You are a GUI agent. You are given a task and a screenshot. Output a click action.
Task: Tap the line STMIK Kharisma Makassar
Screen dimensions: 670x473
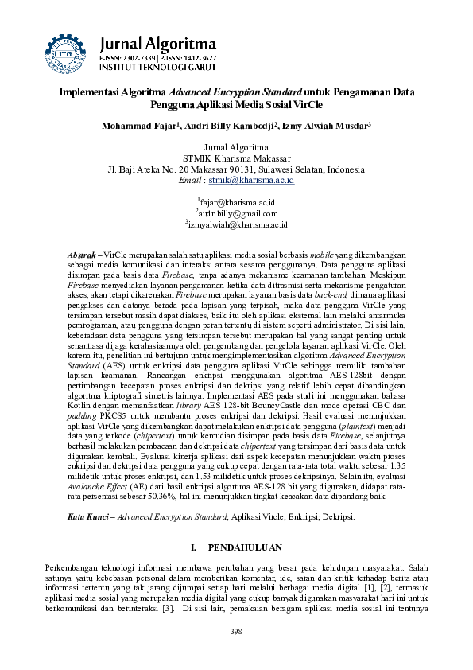(236, 158)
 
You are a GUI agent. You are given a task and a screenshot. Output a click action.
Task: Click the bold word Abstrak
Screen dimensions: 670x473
(82, 252)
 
